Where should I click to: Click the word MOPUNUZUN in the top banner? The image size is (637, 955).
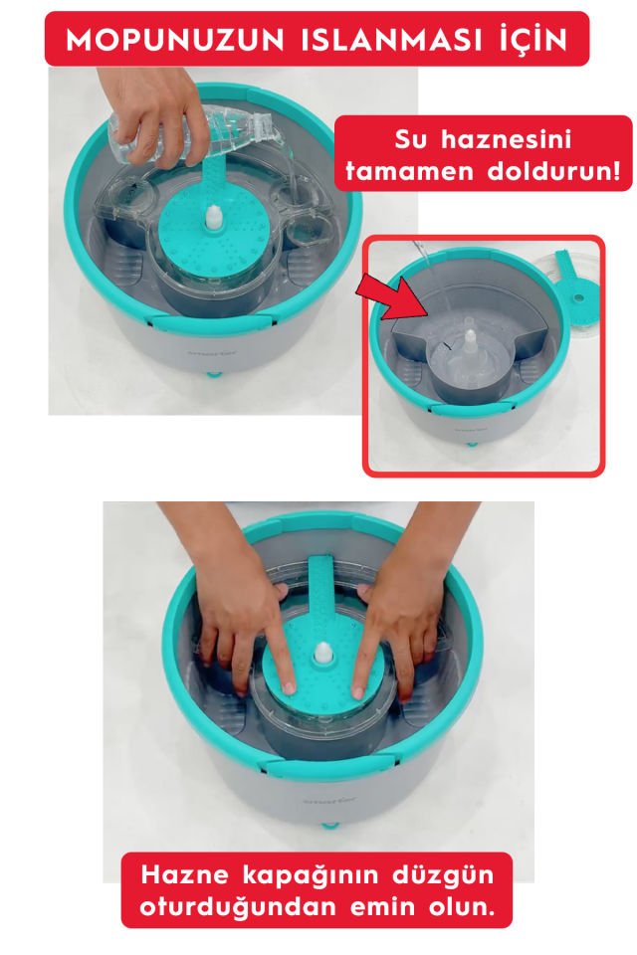[175, 41]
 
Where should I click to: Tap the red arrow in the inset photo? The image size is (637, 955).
[395, 296]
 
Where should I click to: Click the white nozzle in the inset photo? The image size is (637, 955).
[470, 342]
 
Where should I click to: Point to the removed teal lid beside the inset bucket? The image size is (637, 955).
[573, 288]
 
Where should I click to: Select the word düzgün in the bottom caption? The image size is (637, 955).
[442, 874]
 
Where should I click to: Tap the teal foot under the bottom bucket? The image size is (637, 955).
[329, 826]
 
